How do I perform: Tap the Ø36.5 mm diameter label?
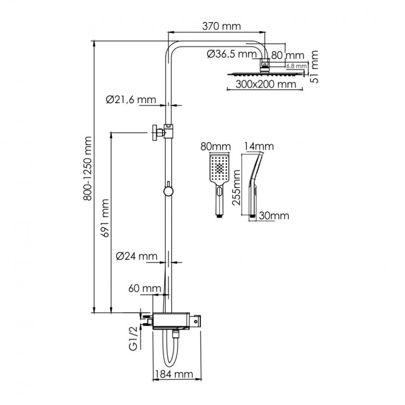[232, 54]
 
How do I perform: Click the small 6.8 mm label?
[296, 66]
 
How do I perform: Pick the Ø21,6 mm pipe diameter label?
[131, 99]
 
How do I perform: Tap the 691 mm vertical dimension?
[106, 219]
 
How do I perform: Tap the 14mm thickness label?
[259, 146]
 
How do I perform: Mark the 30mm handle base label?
[274, 215]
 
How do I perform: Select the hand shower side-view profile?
[254, 184]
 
